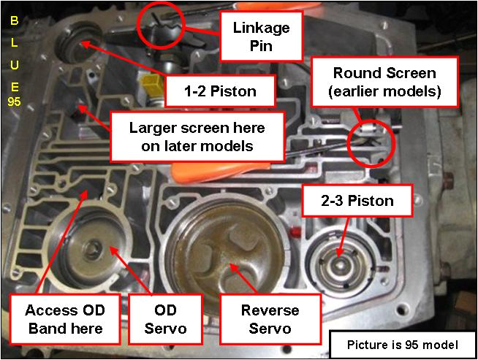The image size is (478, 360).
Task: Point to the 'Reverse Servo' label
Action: click(270, 318)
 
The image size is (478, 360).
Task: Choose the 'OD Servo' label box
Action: click(165, 318)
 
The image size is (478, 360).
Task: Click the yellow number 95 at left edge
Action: click(14, 102)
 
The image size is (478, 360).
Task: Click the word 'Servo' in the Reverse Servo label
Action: click(270, 329)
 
